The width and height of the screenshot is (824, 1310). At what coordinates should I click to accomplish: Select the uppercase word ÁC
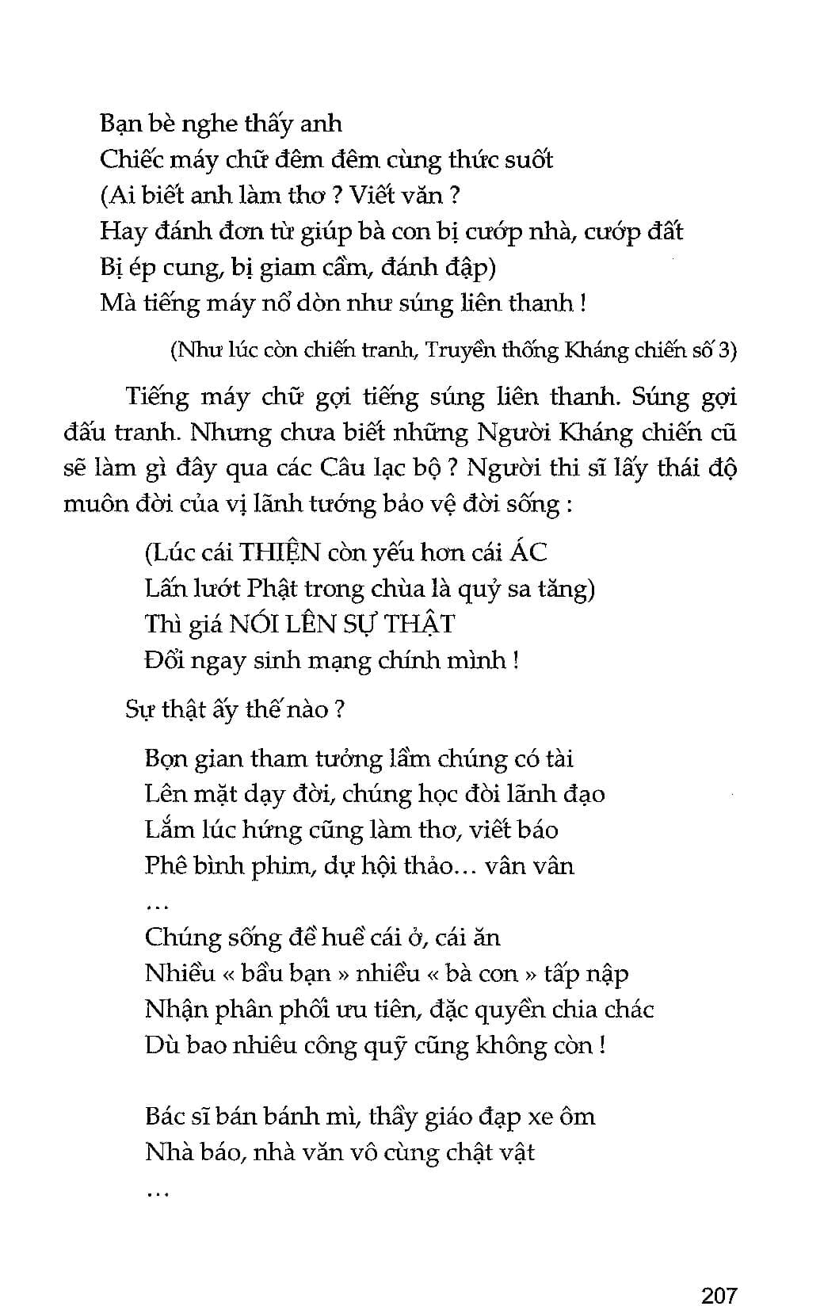528,552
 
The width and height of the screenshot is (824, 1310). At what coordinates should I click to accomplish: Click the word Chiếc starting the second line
130,159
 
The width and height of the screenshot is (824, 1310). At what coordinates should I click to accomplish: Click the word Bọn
170,758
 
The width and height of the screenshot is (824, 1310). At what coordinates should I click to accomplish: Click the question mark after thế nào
338,709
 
